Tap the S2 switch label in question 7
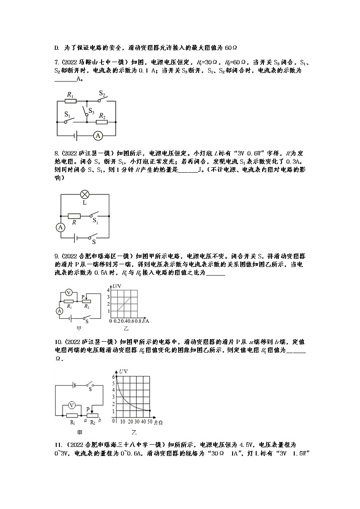[x=102, y=94]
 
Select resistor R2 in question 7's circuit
[x=102, y=121]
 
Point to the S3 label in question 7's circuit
[x=91, y=110]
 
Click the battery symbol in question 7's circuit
[x=78, y=135]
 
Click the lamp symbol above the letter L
[x=84, y=194]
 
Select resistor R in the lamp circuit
[x=74, y=216]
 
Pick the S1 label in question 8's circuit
[x=96, y=221]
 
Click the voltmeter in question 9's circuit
[x=69, y=292]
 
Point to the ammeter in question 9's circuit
[x=59, y=310]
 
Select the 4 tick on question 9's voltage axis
[x=108, y=290]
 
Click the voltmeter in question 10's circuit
[x=71, y=405]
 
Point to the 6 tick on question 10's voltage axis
[x=113, y=377]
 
